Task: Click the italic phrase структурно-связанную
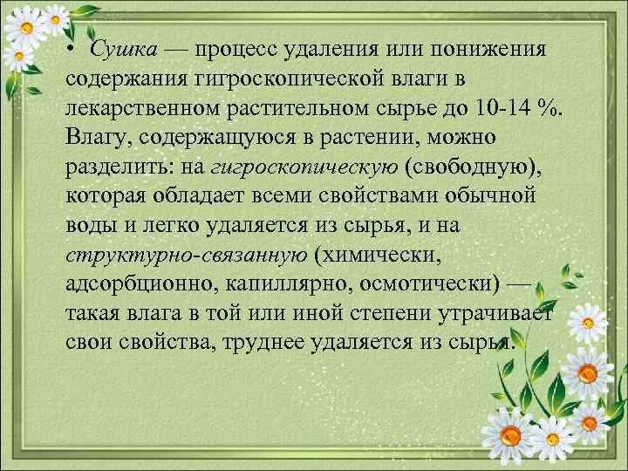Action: (186, 253)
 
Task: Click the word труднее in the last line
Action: (266, 341)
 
